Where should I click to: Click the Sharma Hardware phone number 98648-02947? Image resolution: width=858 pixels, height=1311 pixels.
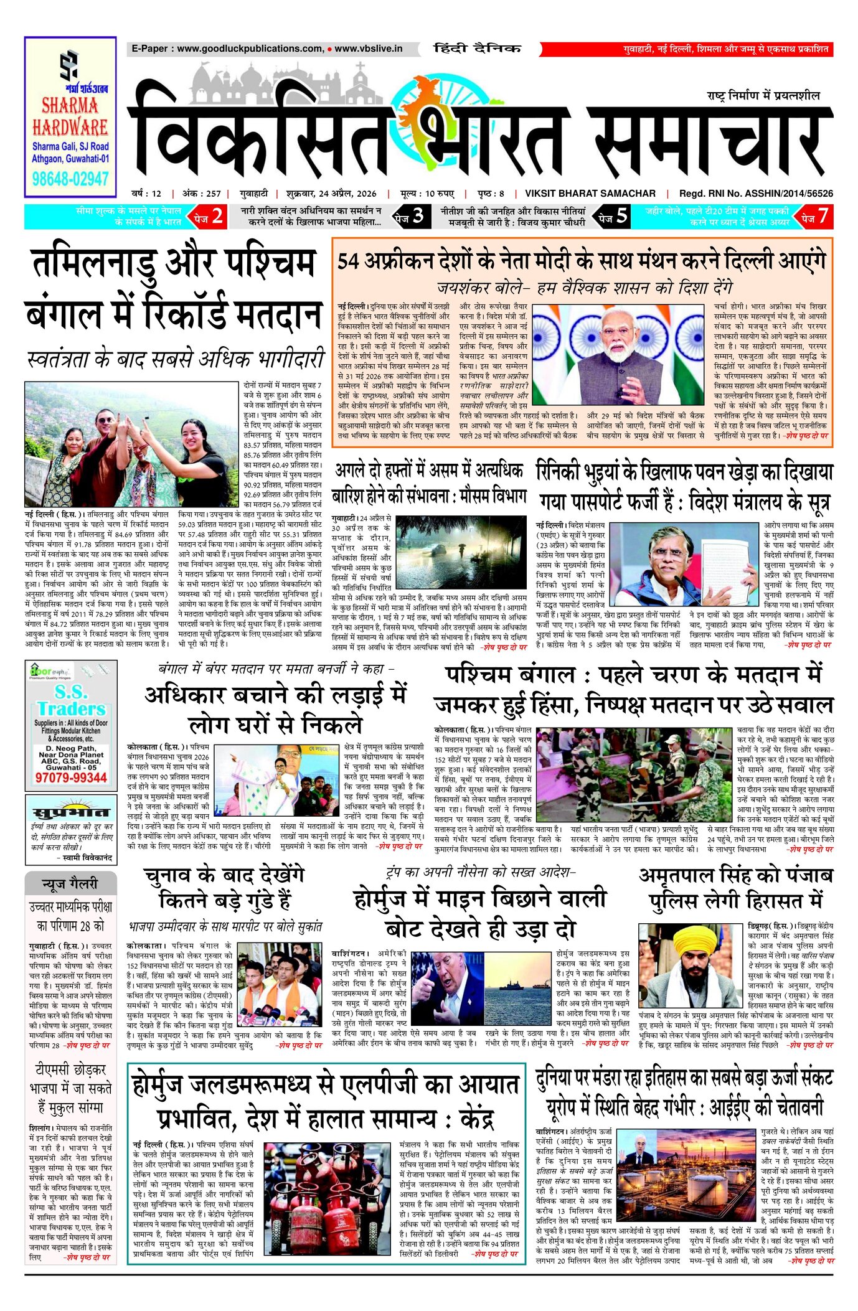[x=70, y=179]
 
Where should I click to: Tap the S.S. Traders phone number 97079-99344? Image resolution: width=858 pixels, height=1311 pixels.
[x=71, y=778]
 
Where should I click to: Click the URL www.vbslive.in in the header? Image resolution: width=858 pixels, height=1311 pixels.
[x=369, y=49]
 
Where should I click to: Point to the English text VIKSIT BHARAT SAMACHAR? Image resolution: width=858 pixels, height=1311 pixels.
[x=590, y=194]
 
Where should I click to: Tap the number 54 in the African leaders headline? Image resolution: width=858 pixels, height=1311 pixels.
[x=349, y=261]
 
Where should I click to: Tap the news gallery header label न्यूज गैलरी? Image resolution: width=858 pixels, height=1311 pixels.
[x=70, y=883]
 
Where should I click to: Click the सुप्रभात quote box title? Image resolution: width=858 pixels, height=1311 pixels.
[x=70, y=812]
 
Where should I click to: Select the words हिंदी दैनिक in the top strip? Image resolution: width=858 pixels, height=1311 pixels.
[x=477, y=49]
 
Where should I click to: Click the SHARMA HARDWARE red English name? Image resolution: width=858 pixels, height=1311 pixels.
[x=70, y=117]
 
